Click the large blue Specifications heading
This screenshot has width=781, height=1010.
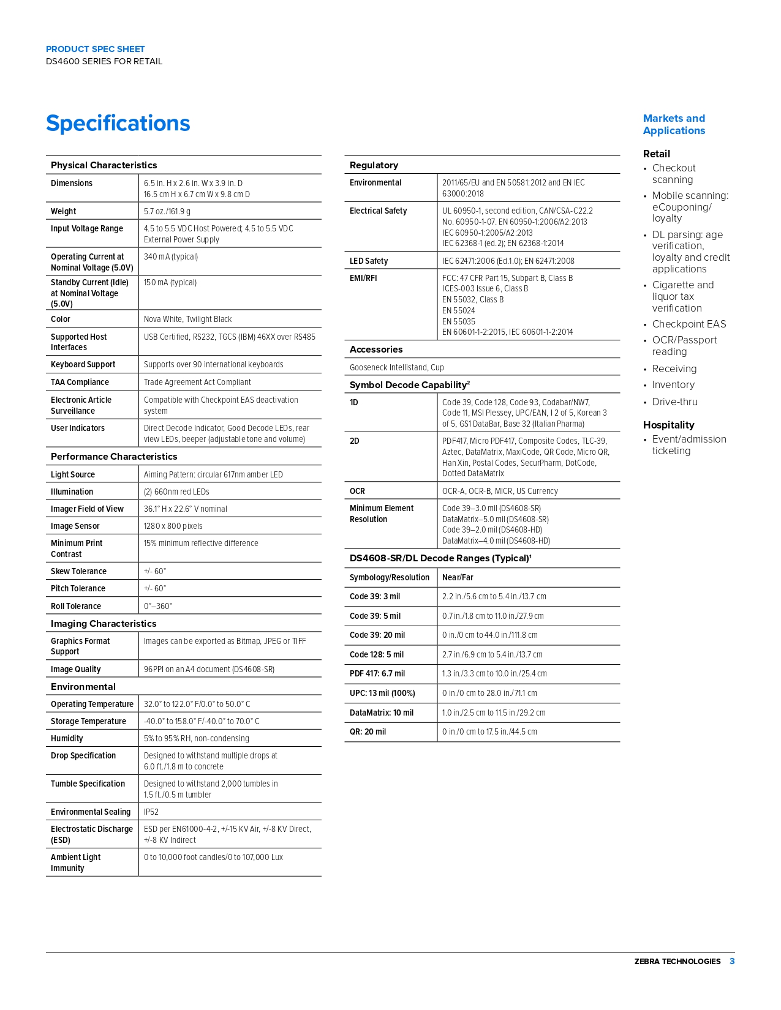118,124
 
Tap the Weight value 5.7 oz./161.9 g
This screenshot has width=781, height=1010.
167,211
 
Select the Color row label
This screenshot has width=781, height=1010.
61,319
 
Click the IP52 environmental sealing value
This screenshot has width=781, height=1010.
151,812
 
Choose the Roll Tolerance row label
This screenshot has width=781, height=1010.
76,606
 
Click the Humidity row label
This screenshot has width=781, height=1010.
67,738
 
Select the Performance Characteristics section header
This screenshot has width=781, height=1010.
114,457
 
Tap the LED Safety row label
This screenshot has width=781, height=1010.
369,261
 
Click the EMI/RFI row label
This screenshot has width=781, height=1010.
363,278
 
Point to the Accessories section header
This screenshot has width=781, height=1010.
376,350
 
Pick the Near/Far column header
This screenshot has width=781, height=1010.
458,577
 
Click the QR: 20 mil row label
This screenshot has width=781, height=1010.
368,731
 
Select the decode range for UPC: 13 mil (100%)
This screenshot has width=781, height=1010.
489,693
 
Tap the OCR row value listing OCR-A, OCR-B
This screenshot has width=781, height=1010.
500,491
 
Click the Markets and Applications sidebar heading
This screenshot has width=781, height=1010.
674,124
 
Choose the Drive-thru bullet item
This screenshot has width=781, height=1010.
674,402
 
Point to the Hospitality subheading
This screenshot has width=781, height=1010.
668,425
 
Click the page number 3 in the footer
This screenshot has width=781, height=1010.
732,961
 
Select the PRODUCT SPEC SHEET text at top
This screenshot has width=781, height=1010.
96,49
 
